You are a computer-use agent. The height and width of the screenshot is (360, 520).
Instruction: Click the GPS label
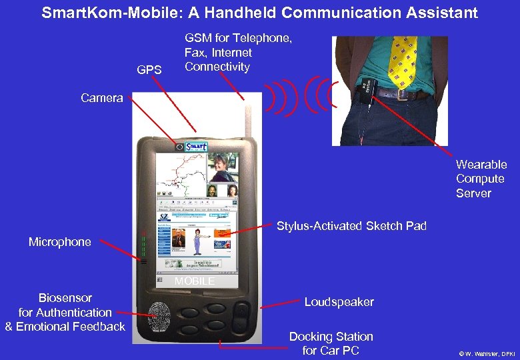[149, 69]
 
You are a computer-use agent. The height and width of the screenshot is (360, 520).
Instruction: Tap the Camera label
[102, 98]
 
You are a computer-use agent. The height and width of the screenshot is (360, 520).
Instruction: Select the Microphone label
[60, 242]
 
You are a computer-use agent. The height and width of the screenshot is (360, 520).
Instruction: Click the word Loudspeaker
[339, 302]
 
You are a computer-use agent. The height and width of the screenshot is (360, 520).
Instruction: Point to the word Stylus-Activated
[319, 226]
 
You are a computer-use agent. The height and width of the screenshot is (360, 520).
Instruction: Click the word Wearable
[481, 165]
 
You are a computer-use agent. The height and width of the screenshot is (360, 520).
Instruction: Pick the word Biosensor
[65, 298]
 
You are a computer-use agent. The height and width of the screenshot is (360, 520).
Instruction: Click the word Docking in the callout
[311, 337]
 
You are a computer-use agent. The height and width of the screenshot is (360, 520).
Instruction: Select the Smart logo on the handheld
[197, 147]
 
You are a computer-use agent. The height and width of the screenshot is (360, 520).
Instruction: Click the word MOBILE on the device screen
[195, 281]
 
